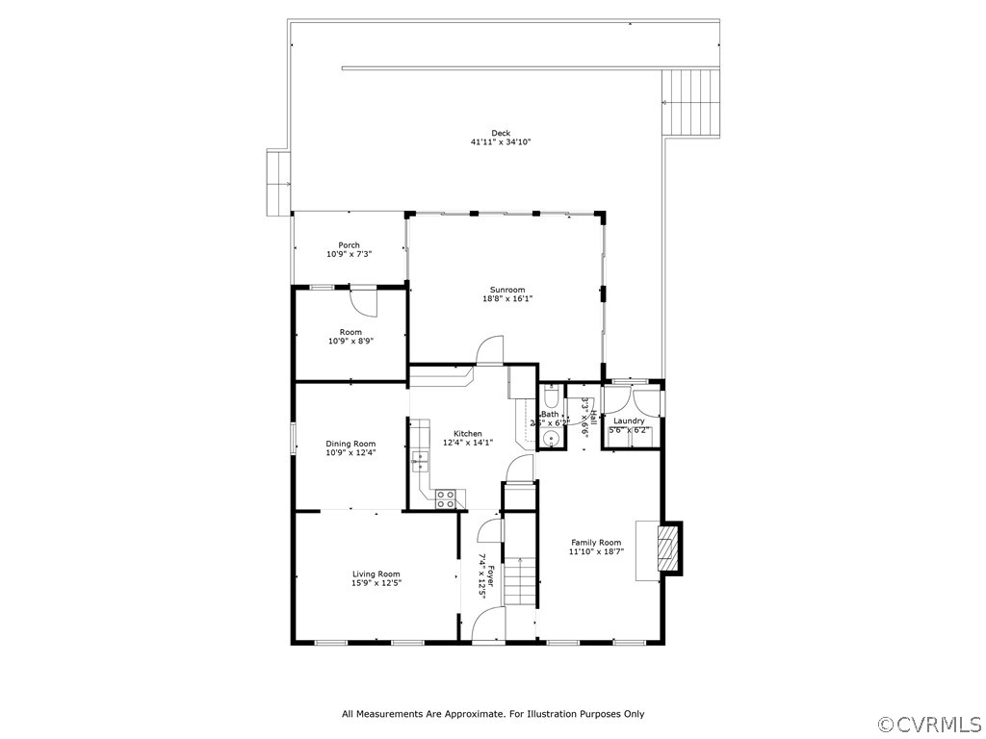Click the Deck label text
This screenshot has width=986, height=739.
(501, 133)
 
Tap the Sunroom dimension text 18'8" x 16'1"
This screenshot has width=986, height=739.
(506, 298)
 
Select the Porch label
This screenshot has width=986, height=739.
(349, 244)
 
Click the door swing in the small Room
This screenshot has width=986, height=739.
(364, 301)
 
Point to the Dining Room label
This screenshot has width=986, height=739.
(350, 444)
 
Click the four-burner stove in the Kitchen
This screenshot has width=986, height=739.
(446, 498)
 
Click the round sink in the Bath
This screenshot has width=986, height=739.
(551, 438)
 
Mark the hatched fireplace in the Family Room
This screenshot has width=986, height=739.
(667, 548)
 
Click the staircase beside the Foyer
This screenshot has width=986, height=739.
(520, 581)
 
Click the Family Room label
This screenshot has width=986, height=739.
(596, 542)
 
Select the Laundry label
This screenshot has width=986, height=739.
(629, 420)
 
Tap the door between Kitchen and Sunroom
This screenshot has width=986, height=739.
(490, 350)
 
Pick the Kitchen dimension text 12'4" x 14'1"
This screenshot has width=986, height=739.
(468, 443)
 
